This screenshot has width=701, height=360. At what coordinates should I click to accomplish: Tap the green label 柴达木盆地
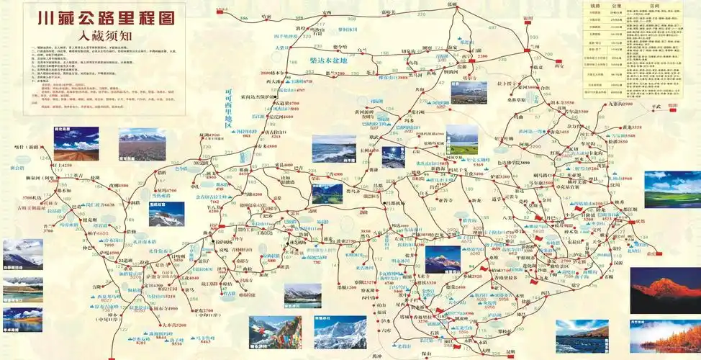[x=327, y=60]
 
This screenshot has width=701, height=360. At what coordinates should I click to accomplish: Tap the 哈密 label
[x=268, y=15]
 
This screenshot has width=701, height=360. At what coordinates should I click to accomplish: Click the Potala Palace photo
[x=166, y=214]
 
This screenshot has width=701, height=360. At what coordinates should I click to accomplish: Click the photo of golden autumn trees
[x=665, y=336]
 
